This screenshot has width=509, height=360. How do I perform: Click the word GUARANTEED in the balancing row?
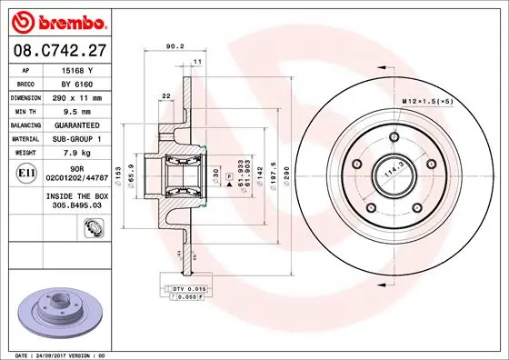pos(78,125)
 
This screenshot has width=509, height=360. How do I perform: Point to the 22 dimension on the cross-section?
pos(166,95)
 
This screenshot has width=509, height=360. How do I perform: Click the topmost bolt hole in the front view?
pos(395,138)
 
